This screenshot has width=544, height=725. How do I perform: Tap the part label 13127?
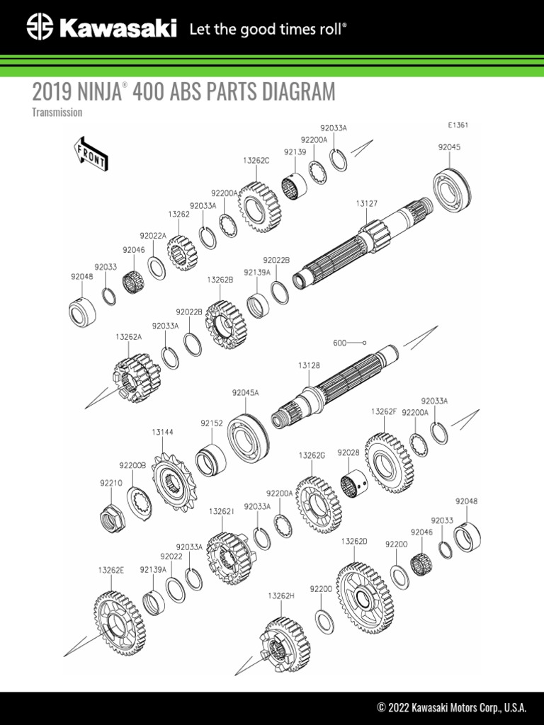366,203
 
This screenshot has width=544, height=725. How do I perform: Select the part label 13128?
309,366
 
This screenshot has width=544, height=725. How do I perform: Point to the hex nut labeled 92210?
113,515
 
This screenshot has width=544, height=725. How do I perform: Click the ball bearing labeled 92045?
452,191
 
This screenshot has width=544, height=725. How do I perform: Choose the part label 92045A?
245,393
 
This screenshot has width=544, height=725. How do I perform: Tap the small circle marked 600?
365,343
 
